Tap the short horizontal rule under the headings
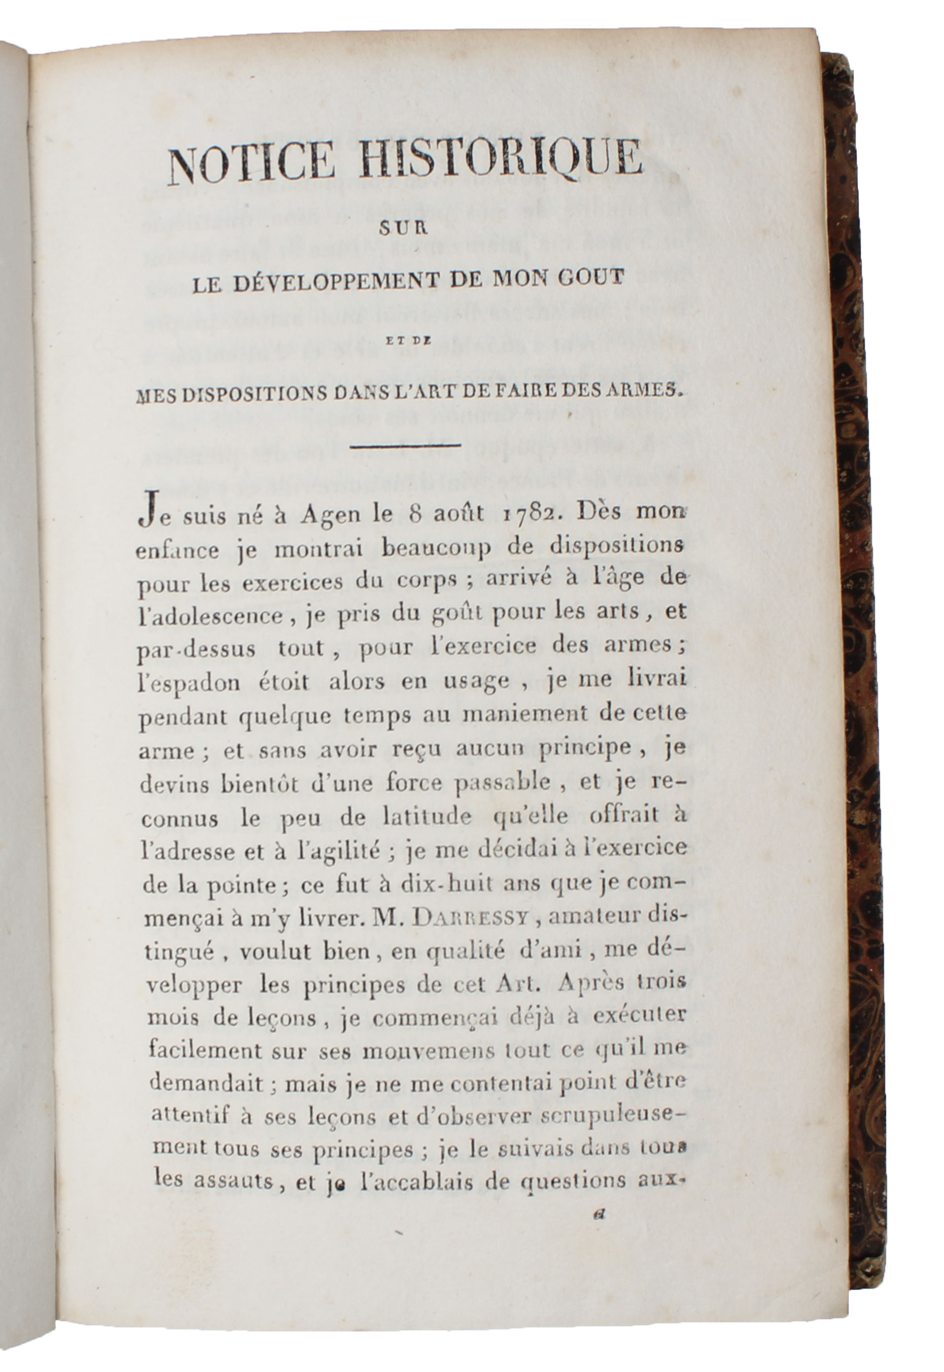(405, 445)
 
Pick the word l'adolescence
(210, 616)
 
